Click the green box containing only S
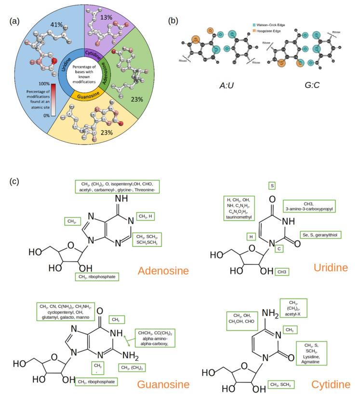coord(272,186)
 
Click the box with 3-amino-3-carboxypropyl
coord(308,206)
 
